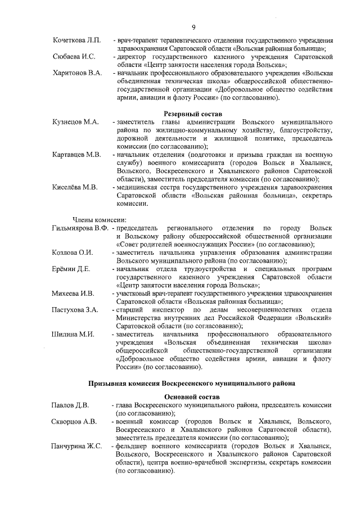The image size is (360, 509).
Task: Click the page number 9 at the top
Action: pos(193,27)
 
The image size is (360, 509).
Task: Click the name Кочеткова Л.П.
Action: pos(76,40)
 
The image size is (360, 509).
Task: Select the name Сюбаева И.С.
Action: pos(74,57)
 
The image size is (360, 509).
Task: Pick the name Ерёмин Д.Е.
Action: pos(71,268)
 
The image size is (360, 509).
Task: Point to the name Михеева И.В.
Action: pos(73,293)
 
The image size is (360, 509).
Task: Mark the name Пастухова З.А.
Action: pos(75,309)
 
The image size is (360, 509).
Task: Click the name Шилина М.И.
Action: pos(72,334)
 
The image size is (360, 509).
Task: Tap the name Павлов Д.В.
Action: pos(70,404)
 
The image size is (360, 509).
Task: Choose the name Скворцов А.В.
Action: pos(74,421)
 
